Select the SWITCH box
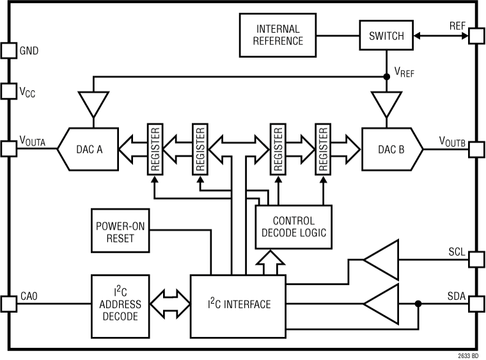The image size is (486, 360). pyautogui.click(x=386, y=36)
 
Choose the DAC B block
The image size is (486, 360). pyautogui.click(x=389, y=150)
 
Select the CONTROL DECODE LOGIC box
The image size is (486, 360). pyautogui.click(x=294, y=226)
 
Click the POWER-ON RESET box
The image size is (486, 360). pyautogui.click(x=119, y=231)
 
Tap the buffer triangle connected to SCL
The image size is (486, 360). pyautogui.click(x=382, y=259)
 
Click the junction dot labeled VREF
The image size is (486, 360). pyautogui.click(x=386, y=76)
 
